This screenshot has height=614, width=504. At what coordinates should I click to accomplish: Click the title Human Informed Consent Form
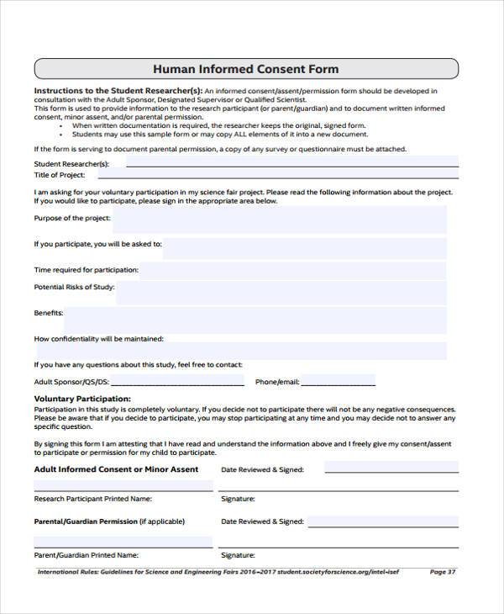tap(245, 68)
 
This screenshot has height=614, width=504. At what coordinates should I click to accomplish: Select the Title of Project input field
tap(277, 175)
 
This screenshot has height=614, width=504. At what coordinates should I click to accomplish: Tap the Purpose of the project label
tap(71, 218)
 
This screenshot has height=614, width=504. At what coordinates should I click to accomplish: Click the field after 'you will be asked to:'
tap(304, 247)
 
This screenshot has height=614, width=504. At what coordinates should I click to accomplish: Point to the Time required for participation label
tap(86, 270)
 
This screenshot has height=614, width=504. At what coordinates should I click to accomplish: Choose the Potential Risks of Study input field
tap(281, 292)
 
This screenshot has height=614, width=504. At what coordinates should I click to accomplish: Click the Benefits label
tap(48, 313)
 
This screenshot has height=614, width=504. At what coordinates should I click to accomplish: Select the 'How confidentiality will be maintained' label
tap(98, 339)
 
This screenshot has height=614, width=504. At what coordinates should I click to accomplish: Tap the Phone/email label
tap(277, 382)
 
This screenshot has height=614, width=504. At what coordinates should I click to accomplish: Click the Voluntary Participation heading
tap(81, 398)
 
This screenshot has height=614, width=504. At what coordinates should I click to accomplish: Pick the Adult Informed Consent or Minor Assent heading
tap(116, 469)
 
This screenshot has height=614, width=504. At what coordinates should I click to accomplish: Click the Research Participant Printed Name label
tap(92, 499)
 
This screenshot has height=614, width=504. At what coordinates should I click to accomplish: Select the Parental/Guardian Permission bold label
tap(85, 521)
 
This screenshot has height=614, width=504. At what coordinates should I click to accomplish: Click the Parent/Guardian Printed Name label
tap(86, 555)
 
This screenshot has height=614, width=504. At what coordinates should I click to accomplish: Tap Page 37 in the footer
tap(442, 572)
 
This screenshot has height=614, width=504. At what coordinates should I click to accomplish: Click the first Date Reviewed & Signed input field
tap(391, 468)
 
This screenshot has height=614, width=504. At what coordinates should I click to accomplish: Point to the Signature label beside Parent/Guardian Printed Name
tap(238, 555)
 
